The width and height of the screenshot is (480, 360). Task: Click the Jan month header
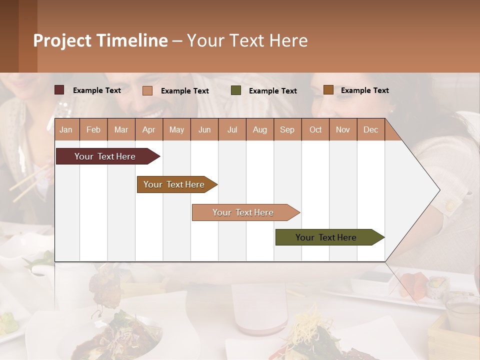66,130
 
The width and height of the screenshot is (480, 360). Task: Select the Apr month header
149,130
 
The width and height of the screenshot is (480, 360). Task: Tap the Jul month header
232,130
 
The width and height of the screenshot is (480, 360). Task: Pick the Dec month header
370,130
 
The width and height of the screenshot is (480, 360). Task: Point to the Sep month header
287,130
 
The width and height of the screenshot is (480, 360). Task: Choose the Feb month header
93,130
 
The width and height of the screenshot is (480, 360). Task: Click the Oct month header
315,130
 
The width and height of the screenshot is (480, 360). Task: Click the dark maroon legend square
59,90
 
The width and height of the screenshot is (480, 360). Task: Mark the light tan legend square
147,90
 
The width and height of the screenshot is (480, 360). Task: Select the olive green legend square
236,90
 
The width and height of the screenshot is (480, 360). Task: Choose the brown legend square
328,90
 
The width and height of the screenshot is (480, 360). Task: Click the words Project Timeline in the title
100,40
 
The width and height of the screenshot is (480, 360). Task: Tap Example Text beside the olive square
272,91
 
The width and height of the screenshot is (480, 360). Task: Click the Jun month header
204,130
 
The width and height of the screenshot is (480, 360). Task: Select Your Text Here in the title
247,40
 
